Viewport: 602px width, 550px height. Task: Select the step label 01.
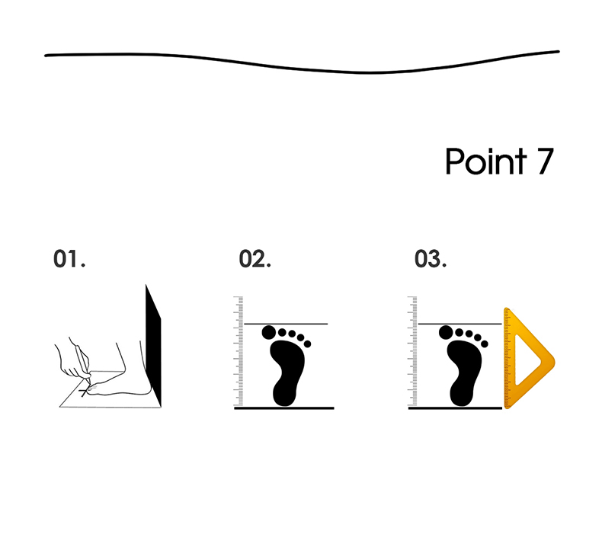click(x=69, y=258)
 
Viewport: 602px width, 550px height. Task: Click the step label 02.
click(x=255, y=258)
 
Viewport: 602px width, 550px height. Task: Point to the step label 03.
click(x=431, y=258)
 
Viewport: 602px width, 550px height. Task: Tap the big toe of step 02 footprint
click(x=269, y=332)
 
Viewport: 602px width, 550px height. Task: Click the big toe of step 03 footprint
click(x=446, y=332)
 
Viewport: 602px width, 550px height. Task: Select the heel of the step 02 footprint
click(x=284, y=394)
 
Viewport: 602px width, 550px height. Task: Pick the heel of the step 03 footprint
click(x=462, y=394)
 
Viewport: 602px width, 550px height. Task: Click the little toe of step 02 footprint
click(x=307, y=344)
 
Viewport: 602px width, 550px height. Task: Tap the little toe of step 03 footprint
click(x=485, y=344)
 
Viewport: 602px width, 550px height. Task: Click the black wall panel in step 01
click(x=153, y=345)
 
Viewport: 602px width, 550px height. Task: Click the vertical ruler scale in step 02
click(x=239, y=351)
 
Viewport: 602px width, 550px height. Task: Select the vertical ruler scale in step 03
click(x=413, y=351)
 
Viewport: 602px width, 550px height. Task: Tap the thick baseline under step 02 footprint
click(x=284, y=408)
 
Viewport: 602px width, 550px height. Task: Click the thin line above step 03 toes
click(x=460, y=324)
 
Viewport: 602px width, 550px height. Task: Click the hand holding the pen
click(x=73, y=359)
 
